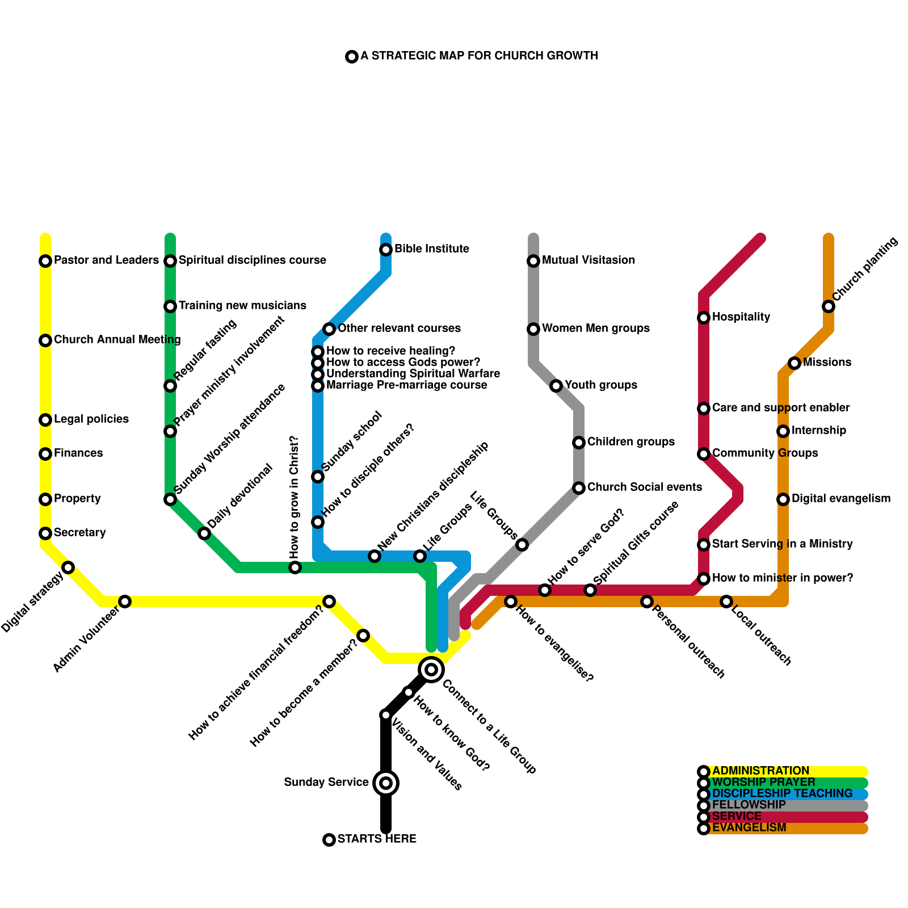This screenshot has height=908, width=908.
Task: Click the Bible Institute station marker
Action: click(x=386, y=250)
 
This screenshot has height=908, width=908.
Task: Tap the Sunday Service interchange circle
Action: click(x=386, y=783)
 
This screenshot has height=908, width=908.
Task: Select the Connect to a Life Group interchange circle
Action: click(x=431, y=670)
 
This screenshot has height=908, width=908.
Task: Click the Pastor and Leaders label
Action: click(x=106, y=260)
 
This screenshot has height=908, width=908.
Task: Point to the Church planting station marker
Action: click(x=829, y=306)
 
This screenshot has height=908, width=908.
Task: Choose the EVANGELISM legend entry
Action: click(x=749, y=828)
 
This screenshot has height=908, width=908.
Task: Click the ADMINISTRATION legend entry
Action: click(x=760, y=771)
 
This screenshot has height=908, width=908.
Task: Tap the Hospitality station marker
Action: click(x=704, y=318)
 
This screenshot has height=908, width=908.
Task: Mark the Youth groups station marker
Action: click(x=556, y=386)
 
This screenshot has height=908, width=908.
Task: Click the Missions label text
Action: click(x=827, y=363)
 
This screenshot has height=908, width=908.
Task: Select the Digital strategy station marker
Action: click(x=68, y=567)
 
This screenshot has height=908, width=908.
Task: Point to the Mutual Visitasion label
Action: click(x=588, y=260)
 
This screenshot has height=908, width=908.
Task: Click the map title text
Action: click(x=479, y=56)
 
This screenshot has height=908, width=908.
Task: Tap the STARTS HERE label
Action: click(x=377, y=839)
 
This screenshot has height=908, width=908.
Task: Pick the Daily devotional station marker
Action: click(x=204, y=533)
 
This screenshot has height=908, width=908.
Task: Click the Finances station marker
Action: click(x=45, y=454)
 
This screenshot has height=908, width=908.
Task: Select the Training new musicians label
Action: click(x=242, y=306)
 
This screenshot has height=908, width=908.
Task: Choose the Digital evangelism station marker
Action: click(x=783, y=499)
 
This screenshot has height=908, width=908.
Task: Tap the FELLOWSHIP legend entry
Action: click(x=749, y=805)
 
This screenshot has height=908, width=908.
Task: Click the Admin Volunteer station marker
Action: click(x=125, y=602)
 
